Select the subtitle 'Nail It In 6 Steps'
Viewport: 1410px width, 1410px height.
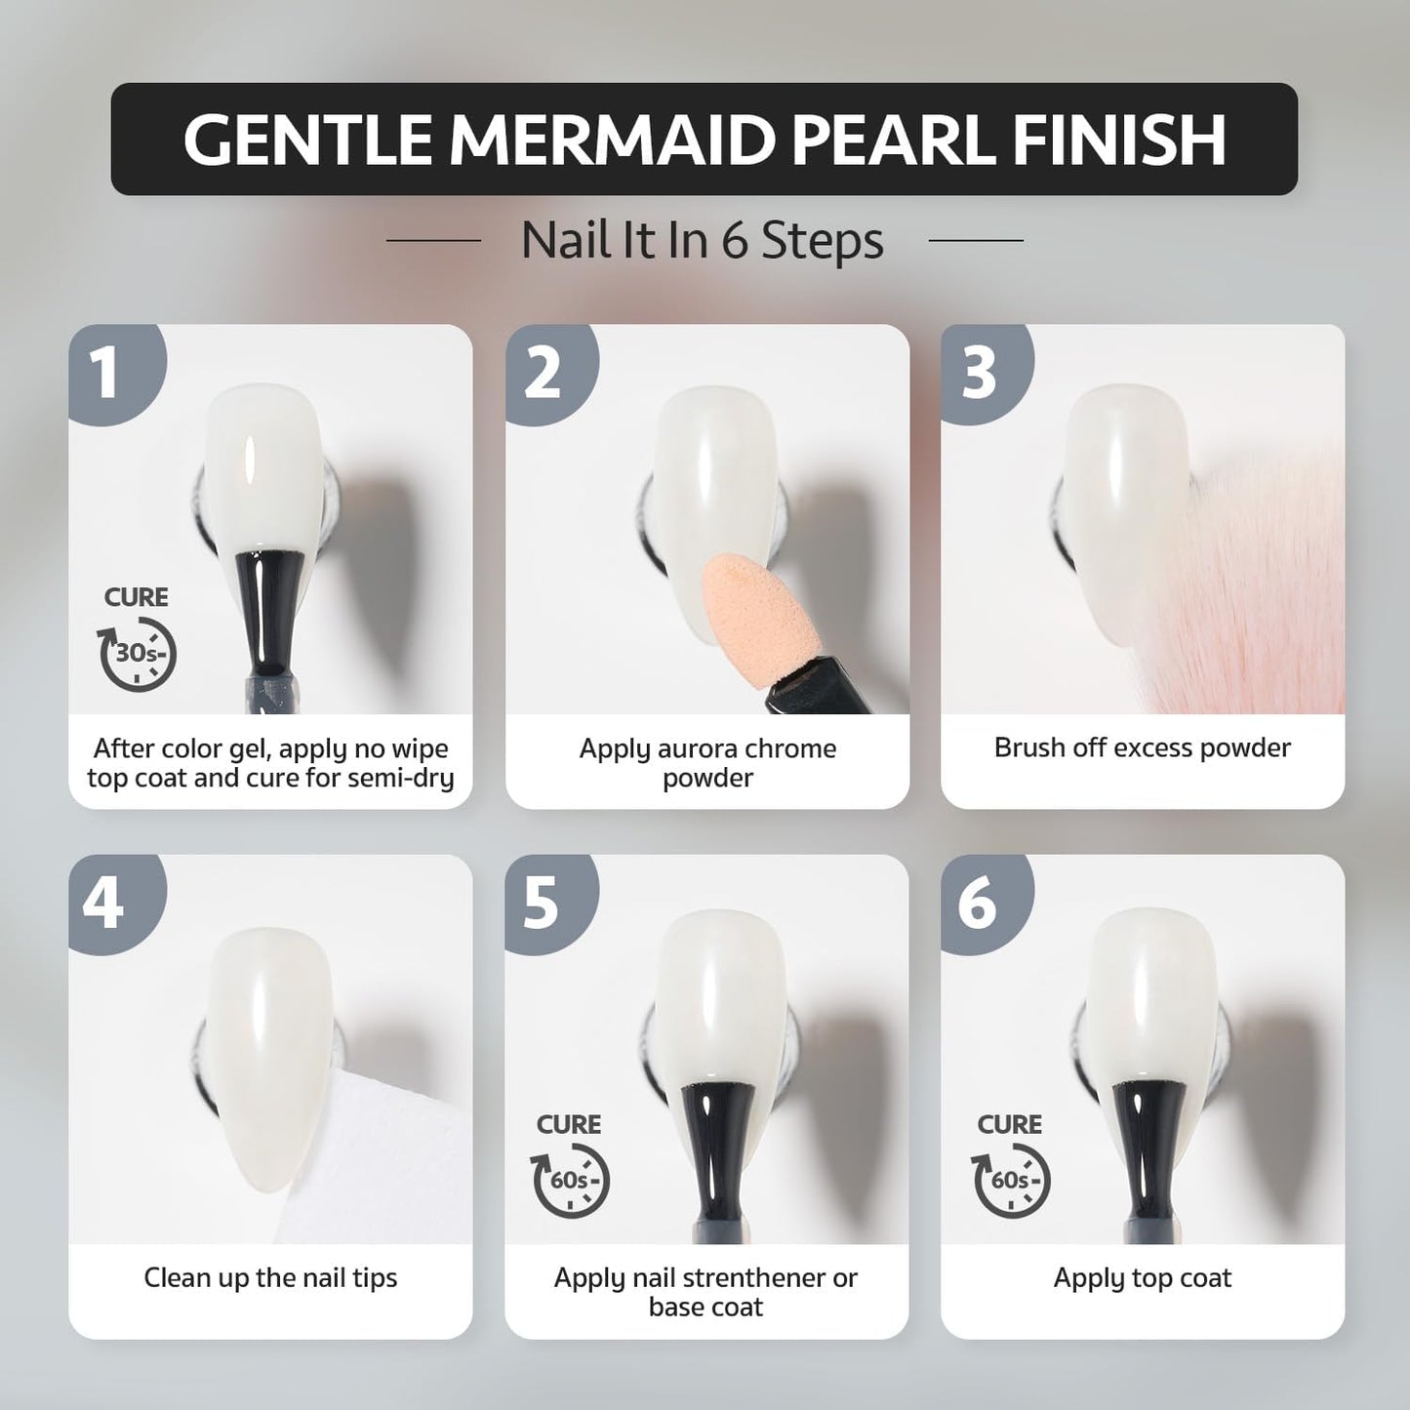(x=703, y=240)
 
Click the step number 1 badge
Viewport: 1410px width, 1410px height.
(x=117, y=373)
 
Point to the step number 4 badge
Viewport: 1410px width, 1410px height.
(x=117, y=904)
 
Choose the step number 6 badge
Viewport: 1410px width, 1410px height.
(x=987, y=904)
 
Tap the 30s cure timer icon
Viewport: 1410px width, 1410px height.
(x=138, y=654)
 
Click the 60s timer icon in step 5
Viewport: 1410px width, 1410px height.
(x=570, y=1181)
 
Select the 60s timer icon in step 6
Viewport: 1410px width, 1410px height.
(x=1011, y=1181)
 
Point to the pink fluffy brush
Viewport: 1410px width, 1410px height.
(x=1259, y=578)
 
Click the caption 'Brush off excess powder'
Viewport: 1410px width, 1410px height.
(x=1143, y=747)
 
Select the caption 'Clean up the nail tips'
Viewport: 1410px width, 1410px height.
(x=270, y=1278)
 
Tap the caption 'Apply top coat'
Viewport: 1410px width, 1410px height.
(x=1143, y=1278)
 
